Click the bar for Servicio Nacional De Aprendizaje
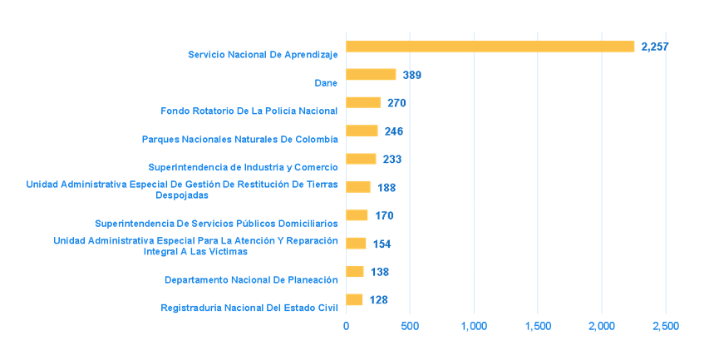point(490,47)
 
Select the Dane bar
point(371,75)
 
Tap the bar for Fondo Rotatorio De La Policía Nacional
point(363,103)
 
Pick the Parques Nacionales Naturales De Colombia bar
point(362,131)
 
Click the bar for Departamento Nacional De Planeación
point(355,272)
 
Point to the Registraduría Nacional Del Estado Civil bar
point(354,300)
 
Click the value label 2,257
point(655,47)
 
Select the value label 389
point(412,75)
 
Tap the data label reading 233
point(392,160)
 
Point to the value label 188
point(387,188)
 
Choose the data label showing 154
point(382,244)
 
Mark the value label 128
point(379,300)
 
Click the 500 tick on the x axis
point(410,327)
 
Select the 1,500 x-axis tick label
point(538,327)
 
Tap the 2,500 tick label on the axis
point(665,327)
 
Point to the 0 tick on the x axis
point(347,327)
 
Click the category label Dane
point(326,82)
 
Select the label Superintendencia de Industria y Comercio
point(243,167)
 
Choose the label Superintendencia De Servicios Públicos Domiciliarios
point(216,223)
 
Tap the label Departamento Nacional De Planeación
point(251,279)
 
